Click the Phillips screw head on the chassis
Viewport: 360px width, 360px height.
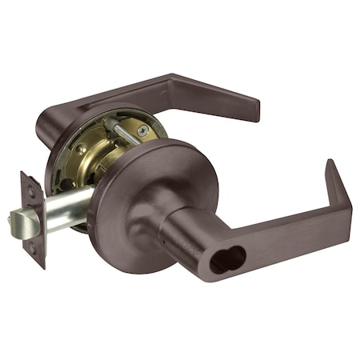click(x=142, y=130)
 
